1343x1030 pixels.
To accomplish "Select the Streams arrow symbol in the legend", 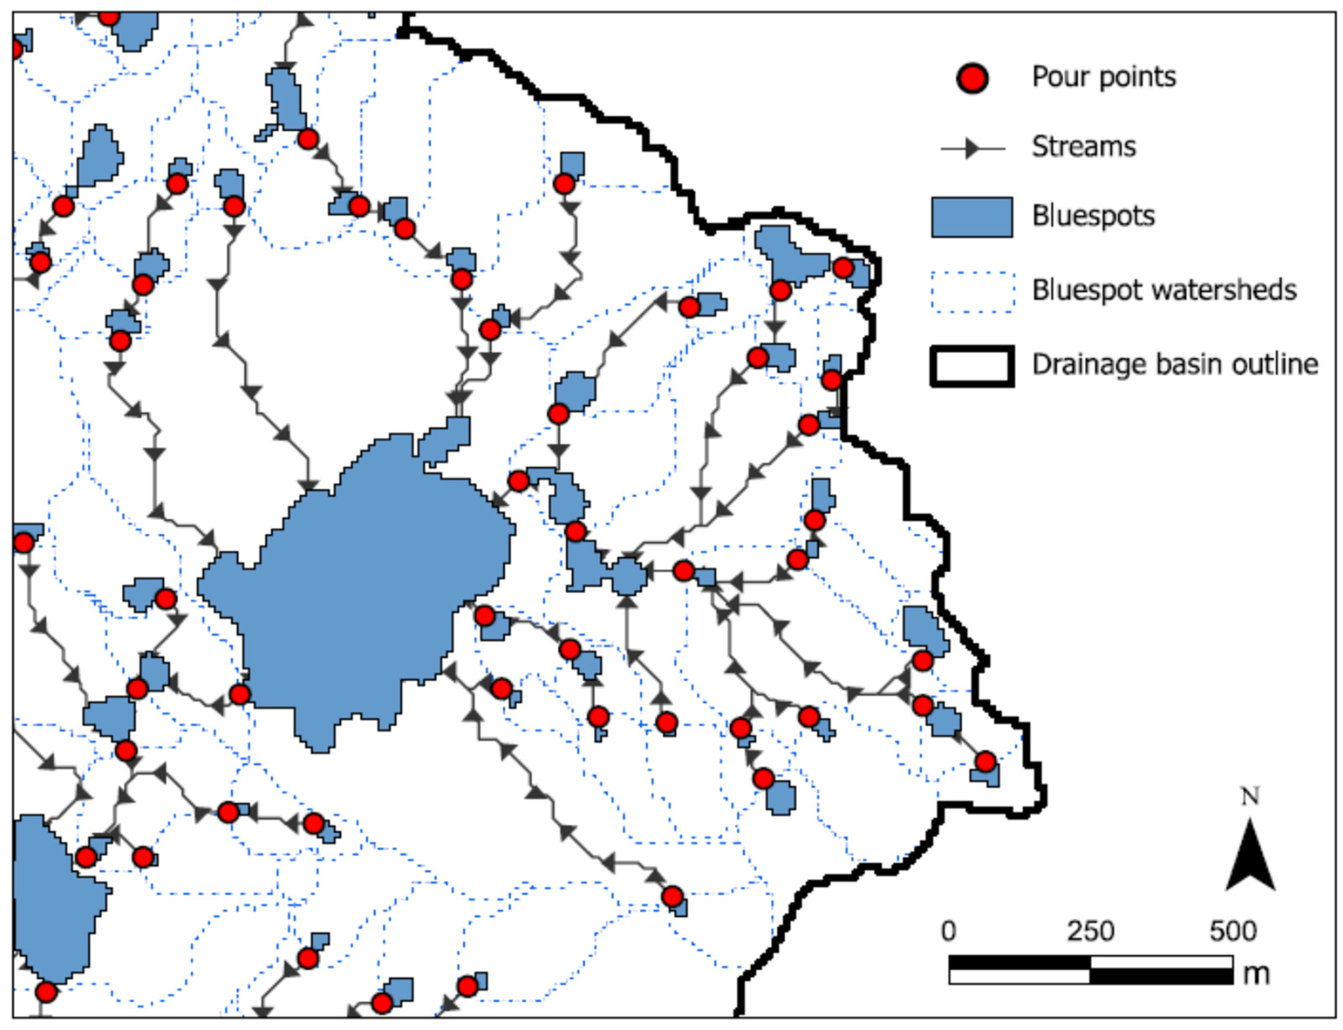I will [x=972, y=148].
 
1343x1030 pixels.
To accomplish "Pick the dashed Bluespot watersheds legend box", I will [x=972, y=291].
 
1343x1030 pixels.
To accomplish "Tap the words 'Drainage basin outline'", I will [x=1174, y=364].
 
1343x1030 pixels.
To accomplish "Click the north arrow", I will [x=1250, y=858].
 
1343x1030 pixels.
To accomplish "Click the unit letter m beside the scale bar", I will [x=1255, y=974].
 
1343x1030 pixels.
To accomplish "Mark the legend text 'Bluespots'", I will [x=1093, y=216].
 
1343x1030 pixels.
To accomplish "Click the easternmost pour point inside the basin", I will [x=985, y=762].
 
